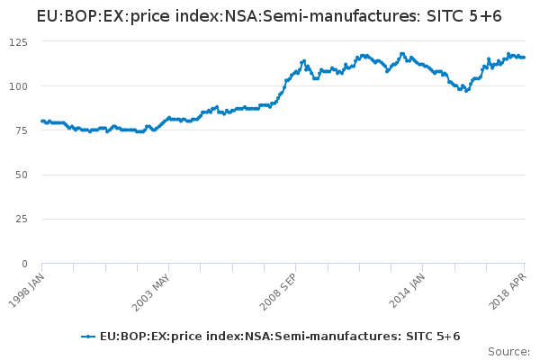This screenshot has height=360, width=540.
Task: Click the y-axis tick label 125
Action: click(18, 42)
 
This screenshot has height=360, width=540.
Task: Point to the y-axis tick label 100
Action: click(18, 86)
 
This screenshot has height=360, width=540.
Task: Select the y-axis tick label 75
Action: click(21, 130)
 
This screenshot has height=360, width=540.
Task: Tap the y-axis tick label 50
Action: click(21, 175)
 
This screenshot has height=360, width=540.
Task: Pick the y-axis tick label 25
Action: click(21, 219)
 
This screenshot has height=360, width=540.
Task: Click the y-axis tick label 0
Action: click(24, 263)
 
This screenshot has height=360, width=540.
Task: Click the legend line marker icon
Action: click(88, 337)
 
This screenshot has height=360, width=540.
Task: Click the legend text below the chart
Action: click(280, 337)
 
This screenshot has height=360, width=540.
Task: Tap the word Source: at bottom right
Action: click(508, 351)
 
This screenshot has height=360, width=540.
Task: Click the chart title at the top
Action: click(269, 16)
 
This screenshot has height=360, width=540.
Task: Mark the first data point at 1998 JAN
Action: click(42, 121)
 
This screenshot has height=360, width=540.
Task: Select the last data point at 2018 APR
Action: click(525, 58)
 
